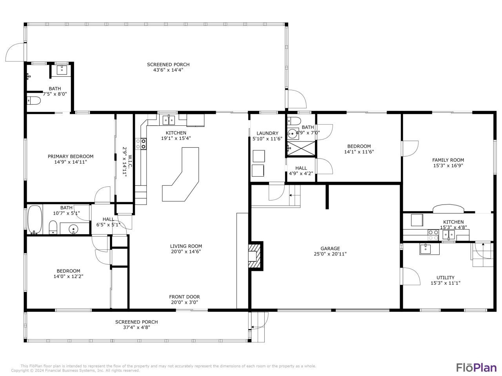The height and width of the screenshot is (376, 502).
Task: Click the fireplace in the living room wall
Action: (x=255, y=256)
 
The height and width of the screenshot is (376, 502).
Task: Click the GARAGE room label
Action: (x=330, y=248)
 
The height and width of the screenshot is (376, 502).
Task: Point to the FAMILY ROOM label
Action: (x=448, y=160)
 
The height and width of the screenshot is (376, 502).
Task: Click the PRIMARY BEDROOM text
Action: (x=71, y=156)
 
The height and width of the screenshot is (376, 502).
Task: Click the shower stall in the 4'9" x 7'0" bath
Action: (x=301, y=148)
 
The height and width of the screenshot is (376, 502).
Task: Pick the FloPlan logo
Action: (x=476, y=367)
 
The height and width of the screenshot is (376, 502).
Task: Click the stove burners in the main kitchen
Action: (x=141, y=144)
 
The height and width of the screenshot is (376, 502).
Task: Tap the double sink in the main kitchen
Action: (x=169, y=119)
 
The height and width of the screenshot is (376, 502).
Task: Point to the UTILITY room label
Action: (x=445, y=277)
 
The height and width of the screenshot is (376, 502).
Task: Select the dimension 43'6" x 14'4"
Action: (x=168, y=70)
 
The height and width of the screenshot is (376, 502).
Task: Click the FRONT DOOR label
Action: (x=184, y=297)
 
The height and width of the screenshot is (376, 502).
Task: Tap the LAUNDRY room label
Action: (x=267, y=133)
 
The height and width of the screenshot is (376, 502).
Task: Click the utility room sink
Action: (x=425, y=248)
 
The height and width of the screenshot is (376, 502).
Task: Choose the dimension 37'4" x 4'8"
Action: (x=136, y=327)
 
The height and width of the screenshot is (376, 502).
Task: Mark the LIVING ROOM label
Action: (x=186, y=246)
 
